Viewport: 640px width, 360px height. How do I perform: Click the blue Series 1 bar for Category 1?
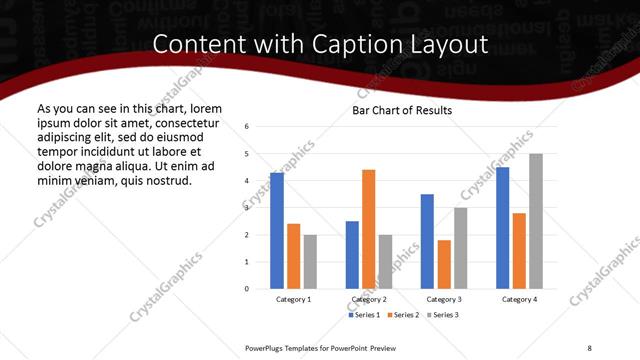tap(277, 231)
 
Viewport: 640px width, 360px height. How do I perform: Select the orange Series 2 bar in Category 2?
tap(369, 229)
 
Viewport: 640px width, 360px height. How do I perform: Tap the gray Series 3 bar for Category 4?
tap(536, 221)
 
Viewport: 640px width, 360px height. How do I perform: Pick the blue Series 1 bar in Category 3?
tap(427, 241)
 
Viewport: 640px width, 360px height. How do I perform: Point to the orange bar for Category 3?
tap(444, 264)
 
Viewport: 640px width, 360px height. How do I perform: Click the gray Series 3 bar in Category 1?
tap(310, 262)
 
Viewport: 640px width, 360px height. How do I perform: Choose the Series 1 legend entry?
tap(363, 315)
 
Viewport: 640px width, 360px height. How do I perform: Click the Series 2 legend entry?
tap(403, 315)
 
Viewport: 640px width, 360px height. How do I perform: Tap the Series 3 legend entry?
tap(443, 315)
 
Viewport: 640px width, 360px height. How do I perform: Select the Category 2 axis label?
tap(369, 300)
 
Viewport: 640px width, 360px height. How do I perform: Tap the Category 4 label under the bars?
tap(519, 300)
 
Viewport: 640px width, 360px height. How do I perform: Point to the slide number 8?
tap(589, 347)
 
